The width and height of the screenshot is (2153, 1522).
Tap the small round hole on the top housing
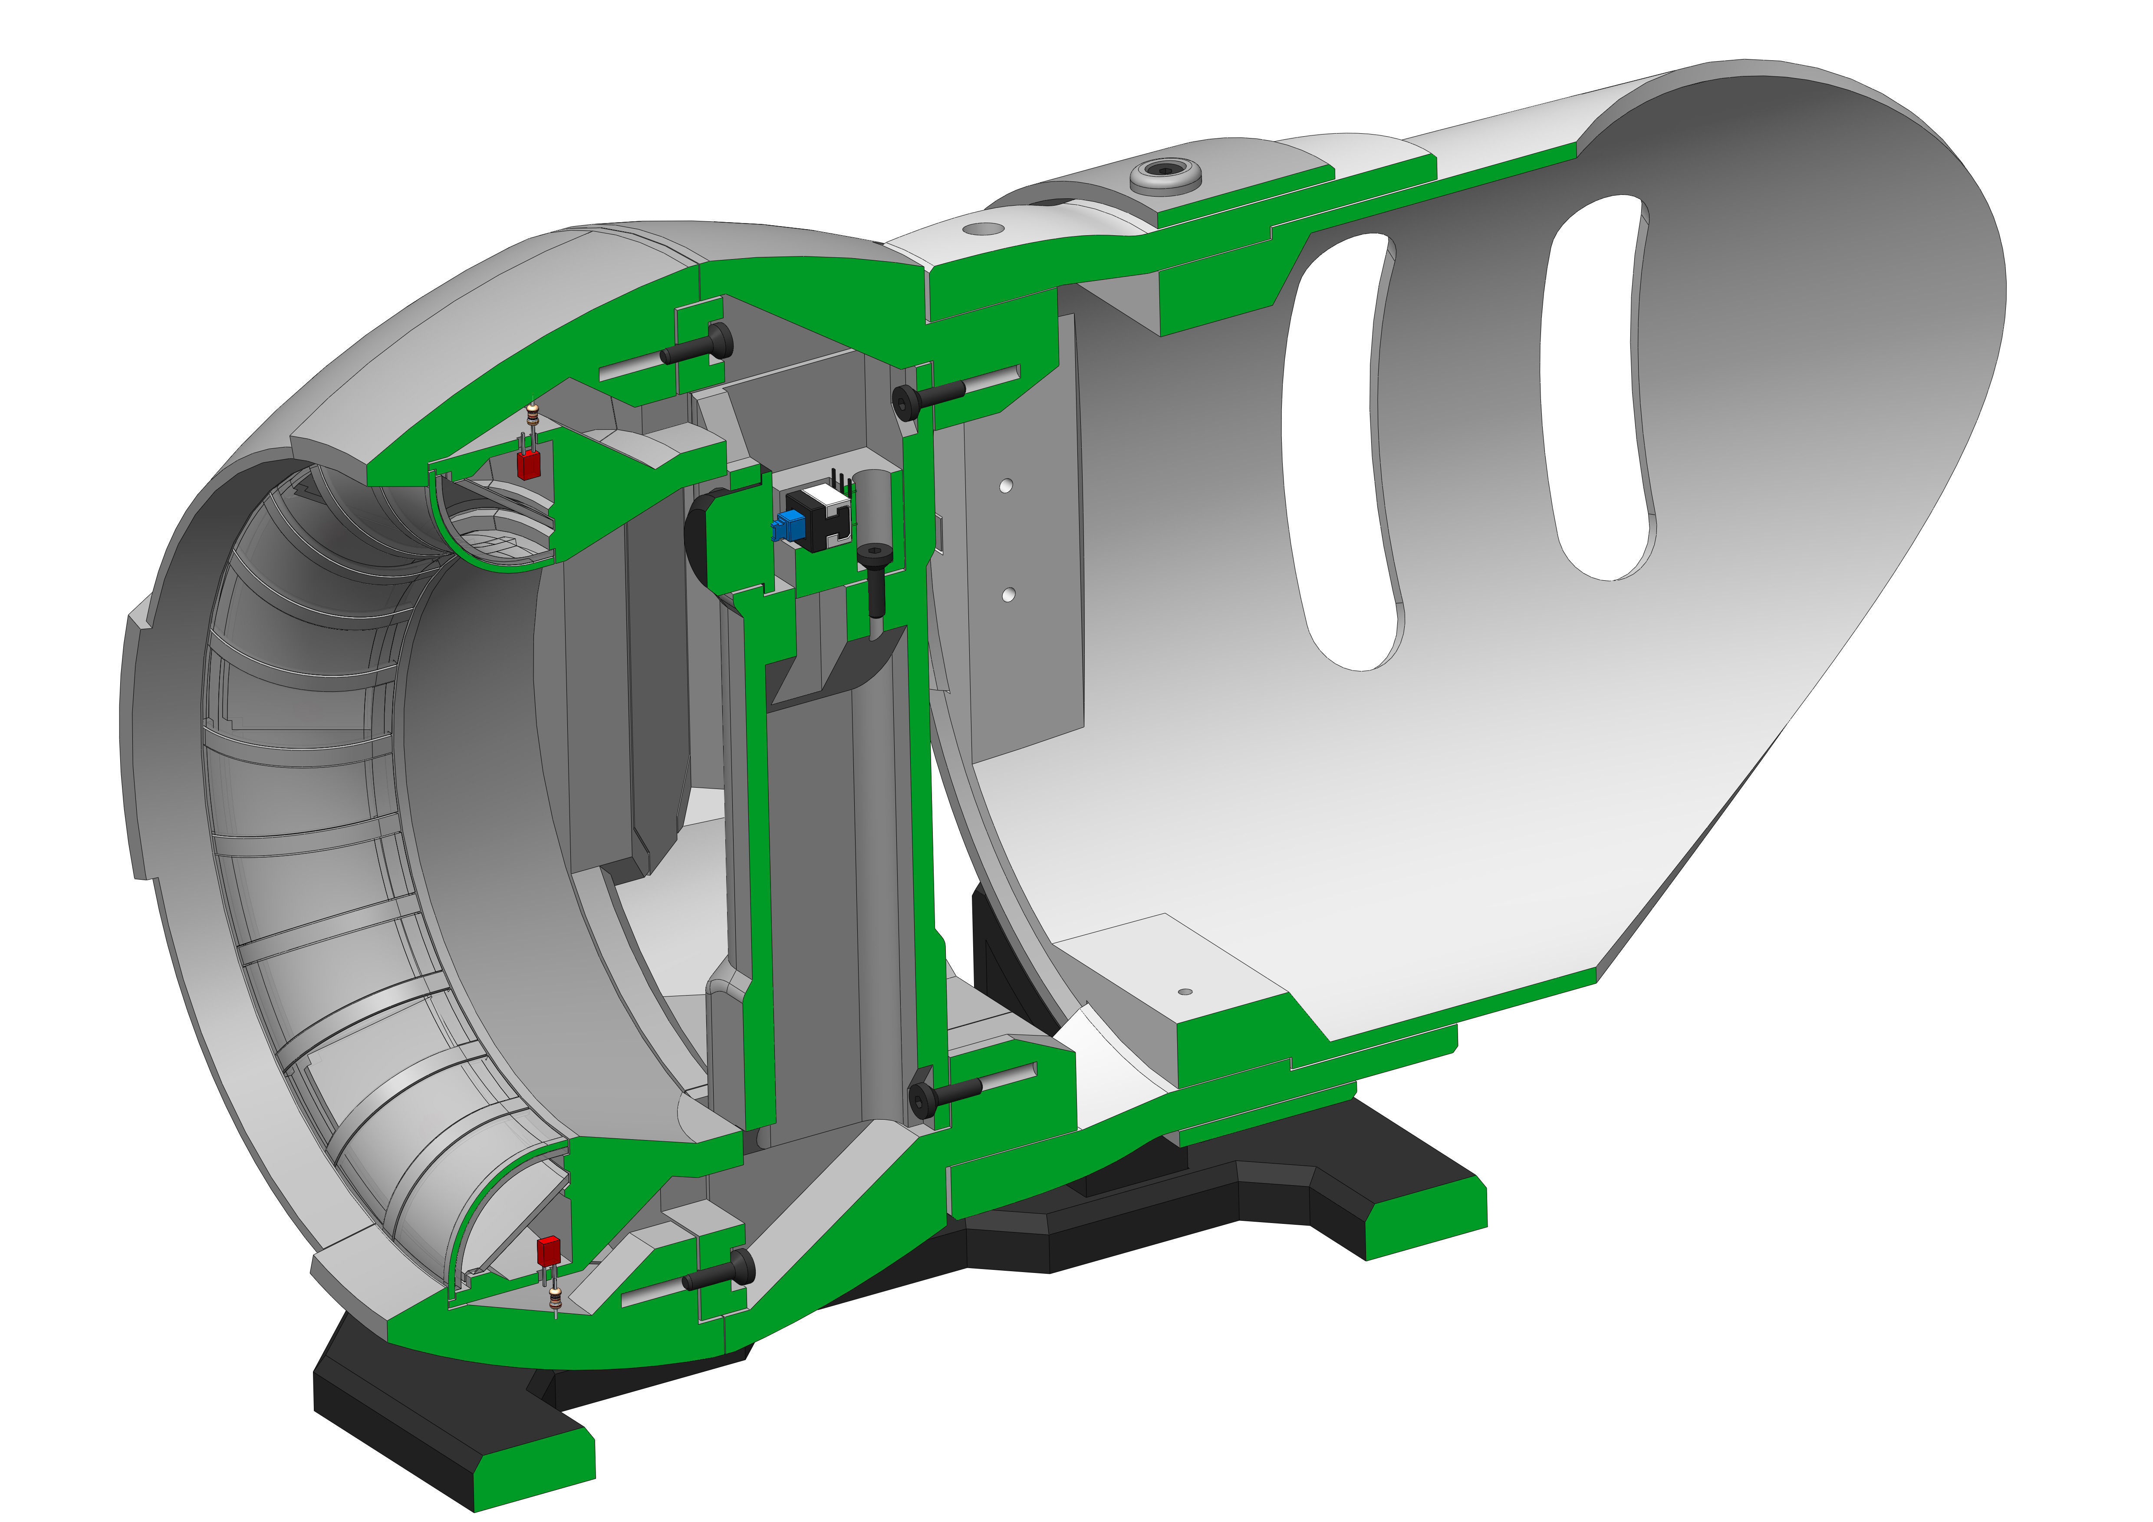(x=982, y=228)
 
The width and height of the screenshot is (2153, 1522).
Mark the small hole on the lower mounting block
(x=1184, y=991)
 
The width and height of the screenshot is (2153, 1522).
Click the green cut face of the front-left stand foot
(x=534, y=1482)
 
